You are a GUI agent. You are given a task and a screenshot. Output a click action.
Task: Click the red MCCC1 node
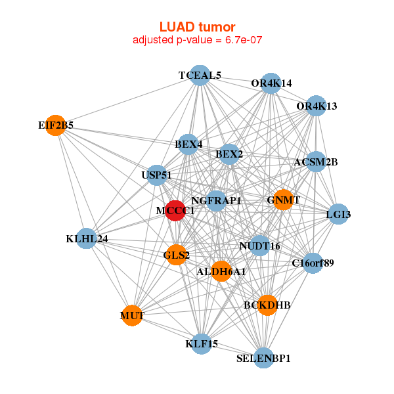(x=175, y=211)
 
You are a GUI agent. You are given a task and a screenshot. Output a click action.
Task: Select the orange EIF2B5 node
(x=57, y=125)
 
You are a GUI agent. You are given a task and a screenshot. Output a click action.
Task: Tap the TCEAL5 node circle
(x=200, y=76)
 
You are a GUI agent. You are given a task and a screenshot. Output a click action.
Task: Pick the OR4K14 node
(x=271, y=83)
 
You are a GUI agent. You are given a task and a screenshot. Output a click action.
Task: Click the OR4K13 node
(x=316, y=106)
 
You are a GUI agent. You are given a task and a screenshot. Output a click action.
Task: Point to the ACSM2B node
(x=316, y=162)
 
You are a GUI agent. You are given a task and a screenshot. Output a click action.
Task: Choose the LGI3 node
(x=338, y=215)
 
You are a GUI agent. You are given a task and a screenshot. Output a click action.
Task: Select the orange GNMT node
(x=283, y=200)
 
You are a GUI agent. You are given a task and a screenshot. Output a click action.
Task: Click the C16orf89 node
(x=313, y=263)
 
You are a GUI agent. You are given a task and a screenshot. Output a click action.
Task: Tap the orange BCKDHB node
(x=267, y=305)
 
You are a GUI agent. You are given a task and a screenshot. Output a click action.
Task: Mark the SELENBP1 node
(x=263, y=358)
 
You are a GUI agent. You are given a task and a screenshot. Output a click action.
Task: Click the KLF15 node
(x=202, y=343)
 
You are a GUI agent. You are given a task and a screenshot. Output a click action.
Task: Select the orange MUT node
(x=132, y=316)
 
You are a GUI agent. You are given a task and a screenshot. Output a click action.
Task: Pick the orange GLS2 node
(x=176, y=255)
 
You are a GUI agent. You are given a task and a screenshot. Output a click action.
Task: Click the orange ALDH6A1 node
(x=221, y=271)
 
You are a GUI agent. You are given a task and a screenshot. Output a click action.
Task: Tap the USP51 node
(x=156, y=175)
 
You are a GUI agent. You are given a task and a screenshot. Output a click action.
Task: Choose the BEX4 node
(x=189, y=144)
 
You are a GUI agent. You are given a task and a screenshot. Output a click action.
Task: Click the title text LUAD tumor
(x=197, y=27)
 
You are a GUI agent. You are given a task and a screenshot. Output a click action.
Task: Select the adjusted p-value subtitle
(x=197, y=40)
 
